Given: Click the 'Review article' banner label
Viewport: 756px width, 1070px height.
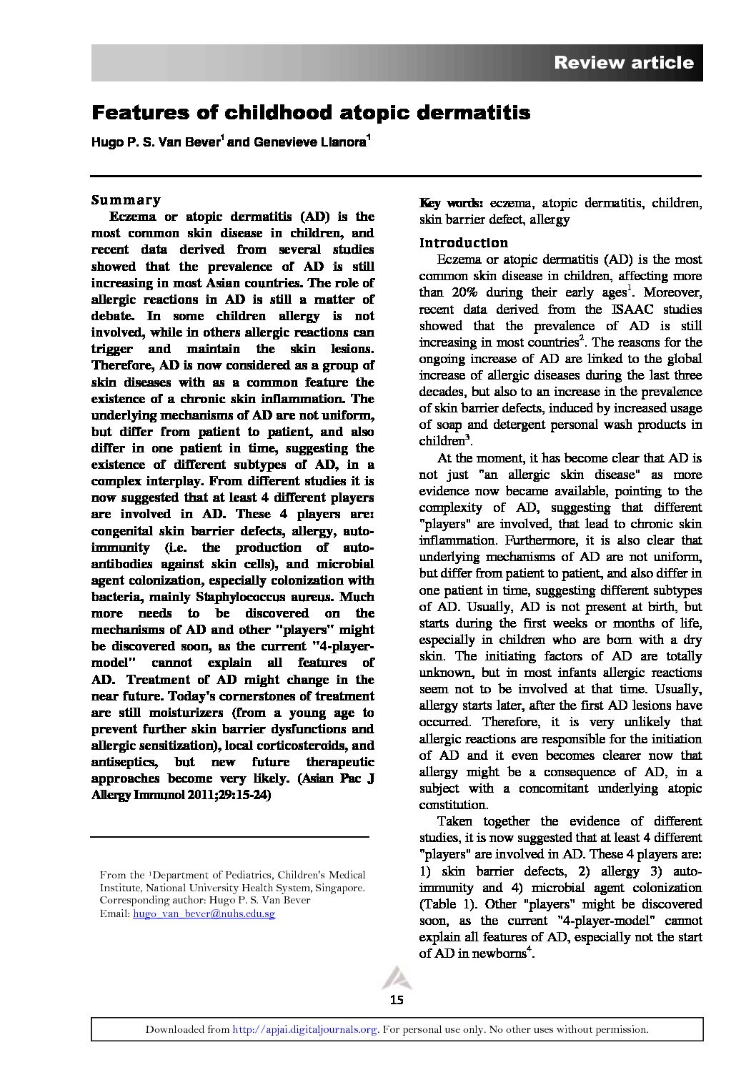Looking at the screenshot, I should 623,63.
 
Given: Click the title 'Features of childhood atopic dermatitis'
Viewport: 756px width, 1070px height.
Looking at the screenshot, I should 311,113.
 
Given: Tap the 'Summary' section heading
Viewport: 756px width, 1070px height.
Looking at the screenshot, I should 126,200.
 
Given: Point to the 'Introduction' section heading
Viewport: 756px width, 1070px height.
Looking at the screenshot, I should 463,243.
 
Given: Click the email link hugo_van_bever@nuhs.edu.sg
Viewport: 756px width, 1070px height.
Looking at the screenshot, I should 204,913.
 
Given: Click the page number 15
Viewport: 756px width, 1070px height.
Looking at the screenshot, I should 397,1000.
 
